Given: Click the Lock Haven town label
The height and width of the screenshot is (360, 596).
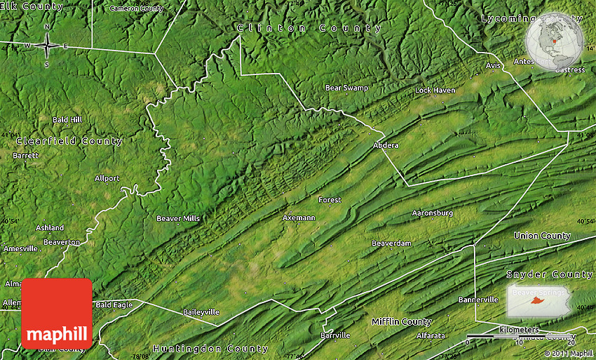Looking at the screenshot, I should pyautogui.click(x=435, y=91).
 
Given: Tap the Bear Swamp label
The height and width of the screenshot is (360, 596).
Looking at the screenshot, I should pyautogui.click(x=346, y=88).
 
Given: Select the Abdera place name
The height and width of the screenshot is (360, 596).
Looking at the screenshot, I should pyautogui.click(x=386, y=145).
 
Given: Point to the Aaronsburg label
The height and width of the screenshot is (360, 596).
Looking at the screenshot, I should pyautogui.click(x=432, y=213).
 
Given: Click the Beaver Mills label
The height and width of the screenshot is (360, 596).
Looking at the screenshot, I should pyautogui.click(x=178, y=218).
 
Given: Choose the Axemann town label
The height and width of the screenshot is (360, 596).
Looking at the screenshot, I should pyautogui.click(x=299, y=218).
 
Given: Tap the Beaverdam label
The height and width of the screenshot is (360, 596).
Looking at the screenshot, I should pyautogui.click(x=391, y=244).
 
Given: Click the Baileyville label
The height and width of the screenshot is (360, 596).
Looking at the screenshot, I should pyautogui.click(x=201, y=312).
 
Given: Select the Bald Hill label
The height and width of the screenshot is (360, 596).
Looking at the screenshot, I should pyautogui.click(x=67, y=120).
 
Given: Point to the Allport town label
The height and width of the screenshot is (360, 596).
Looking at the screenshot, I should pyautogui.click(x=107, y=178).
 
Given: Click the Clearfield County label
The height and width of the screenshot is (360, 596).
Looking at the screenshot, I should pyautogui.click(x=69, y=141).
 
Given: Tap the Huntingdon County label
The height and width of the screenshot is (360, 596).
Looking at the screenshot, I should pyautogui.click(x=210, y=348).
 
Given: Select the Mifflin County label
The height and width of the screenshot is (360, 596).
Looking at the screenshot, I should pyautogui.click(x=401, y=321).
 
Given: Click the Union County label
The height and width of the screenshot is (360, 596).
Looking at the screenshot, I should pyautogui.click(x=542, y=236).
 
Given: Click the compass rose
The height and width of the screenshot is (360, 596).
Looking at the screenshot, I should pyautogui.click(x=47, y=46).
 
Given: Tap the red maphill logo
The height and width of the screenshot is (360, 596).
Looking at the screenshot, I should pyautogui.click(x=57, y=313).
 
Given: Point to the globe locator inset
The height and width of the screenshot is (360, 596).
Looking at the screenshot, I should pyautogui.click(x=554, y=41).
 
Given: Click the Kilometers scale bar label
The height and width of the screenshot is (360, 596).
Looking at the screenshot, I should pyautogui.click(x=519, y=330).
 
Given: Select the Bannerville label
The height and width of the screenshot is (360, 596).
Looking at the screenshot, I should pyautogui.click(x=478, y=300).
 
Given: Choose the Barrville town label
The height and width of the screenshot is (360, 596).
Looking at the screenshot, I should pyautogui.click(x=335, y=335).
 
